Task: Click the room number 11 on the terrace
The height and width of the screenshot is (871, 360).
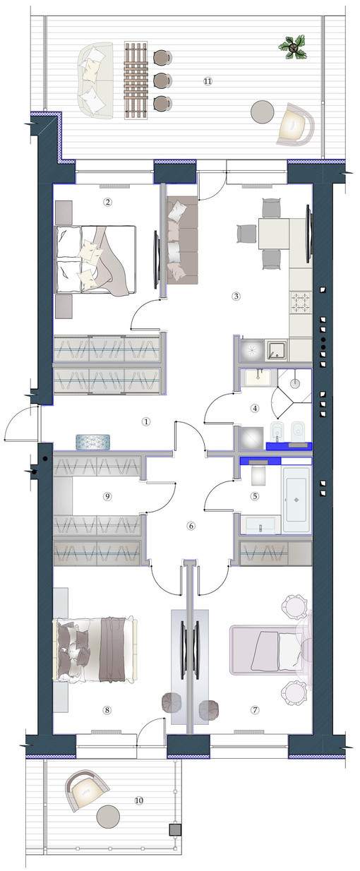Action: pos(208,81)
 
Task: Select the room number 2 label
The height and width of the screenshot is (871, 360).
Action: pos(108,202)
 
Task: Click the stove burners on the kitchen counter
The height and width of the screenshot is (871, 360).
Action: pos(301,304)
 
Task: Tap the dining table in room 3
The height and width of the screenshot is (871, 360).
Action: pos(274,233)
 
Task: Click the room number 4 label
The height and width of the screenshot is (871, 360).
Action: pos(256,407)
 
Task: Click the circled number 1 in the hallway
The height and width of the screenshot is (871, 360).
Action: pos(146,421)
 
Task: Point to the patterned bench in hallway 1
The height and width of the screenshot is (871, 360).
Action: pos(95,440)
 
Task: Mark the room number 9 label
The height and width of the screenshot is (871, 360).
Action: pos(107,496)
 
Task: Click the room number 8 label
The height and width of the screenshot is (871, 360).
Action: pos(107,710)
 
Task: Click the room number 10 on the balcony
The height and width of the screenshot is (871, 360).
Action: pos(138,800)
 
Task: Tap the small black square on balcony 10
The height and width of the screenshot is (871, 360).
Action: pos(172,830)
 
